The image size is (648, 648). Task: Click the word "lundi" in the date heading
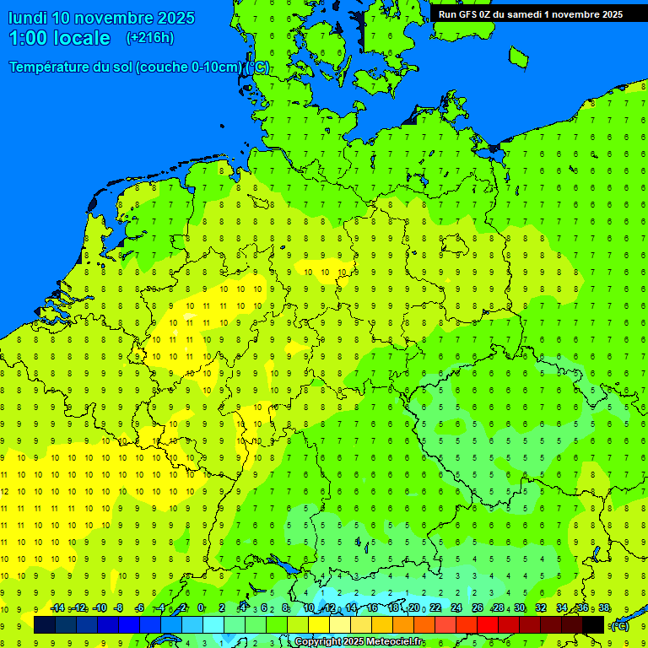coord(28,18)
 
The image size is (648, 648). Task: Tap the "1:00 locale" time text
coord(59,38)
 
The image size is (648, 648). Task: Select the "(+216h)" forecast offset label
coord(150,38)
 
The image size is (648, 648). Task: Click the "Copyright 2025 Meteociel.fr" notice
coord(359,642)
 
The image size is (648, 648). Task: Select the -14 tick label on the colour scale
coord(57,608)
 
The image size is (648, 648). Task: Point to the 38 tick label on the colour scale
coord(604,608)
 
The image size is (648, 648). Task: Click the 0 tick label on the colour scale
coord(201,608)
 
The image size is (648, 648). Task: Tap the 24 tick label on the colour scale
coord(456,608)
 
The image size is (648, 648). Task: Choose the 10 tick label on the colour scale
coord(309,608)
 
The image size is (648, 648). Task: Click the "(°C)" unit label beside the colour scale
coord(620,625)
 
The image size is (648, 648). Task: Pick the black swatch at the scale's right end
coord(593,624)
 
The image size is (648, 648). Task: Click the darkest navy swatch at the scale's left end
coord(45,624)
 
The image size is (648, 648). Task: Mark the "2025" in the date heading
coord(175,18)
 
